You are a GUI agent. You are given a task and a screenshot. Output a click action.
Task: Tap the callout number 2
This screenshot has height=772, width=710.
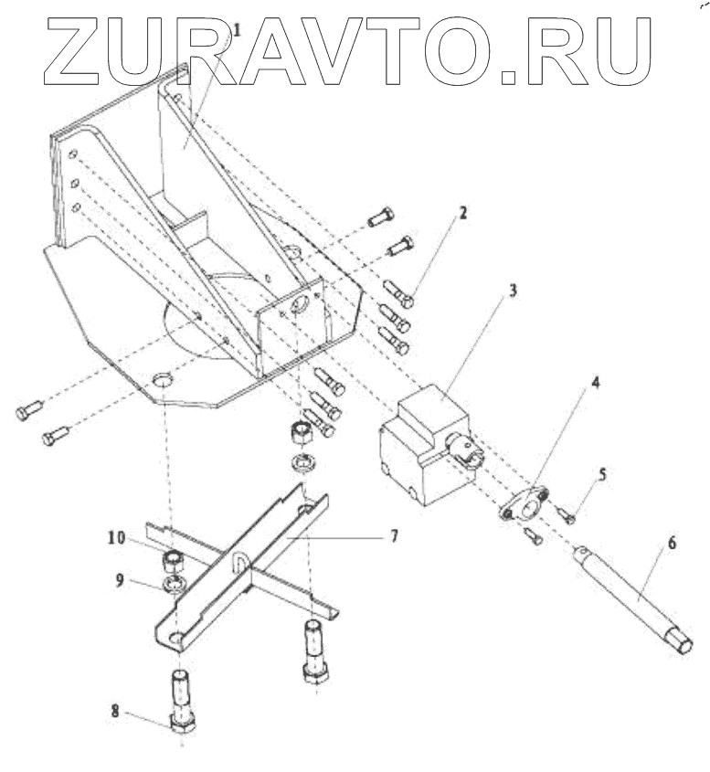463,214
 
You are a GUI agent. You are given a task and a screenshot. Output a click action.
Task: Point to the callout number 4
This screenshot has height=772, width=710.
595,382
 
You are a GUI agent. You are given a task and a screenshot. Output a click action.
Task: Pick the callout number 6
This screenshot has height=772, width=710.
672,543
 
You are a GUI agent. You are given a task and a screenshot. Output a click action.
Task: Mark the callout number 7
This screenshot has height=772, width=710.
395,535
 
